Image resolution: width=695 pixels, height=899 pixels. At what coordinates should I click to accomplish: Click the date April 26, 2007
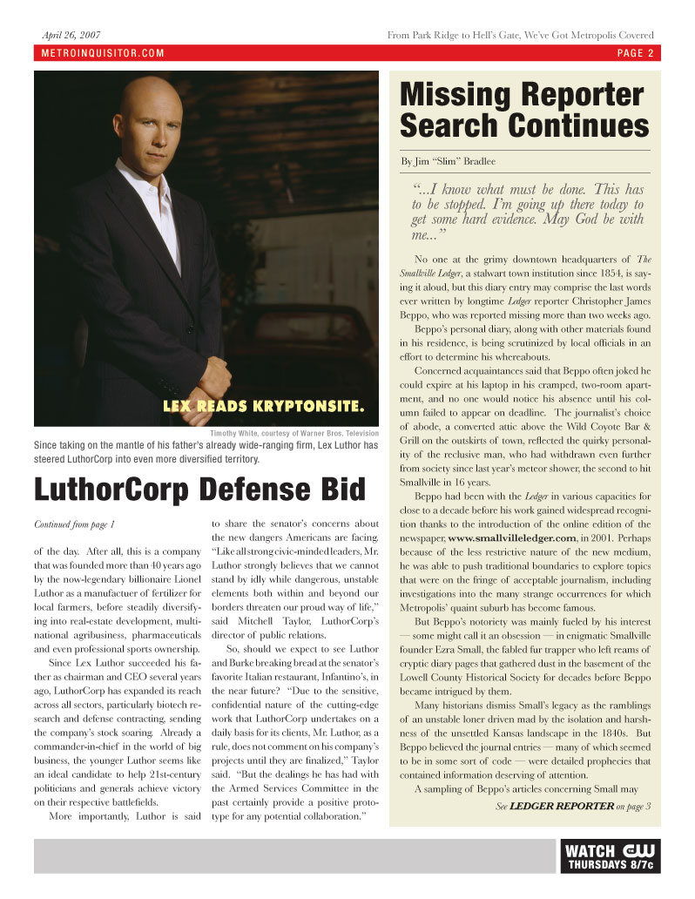point(71,35)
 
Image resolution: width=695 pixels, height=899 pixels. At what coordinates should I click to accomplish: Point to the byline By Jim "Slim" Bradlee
point(449,161)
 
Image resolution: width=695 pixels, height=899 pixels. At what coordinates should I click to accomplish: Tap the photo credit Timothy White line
point(294,433)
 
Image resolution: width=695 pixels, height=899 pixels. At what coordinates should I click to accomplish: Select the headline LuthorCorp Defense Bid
point(199,490)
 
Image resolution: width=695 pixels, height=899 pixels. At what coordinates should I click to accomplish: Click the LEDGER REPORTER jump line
point(562,806)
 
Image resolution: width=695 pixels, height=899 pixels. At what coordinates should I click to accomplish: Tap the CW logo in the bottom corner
point(639,850)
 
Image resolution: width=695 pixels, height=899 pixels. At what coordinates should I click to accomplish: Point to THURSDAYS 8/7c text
point(611,865)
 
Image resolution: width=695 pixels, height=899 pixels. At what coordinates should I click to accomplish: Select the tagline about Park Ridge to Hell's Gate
point(520,35)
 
